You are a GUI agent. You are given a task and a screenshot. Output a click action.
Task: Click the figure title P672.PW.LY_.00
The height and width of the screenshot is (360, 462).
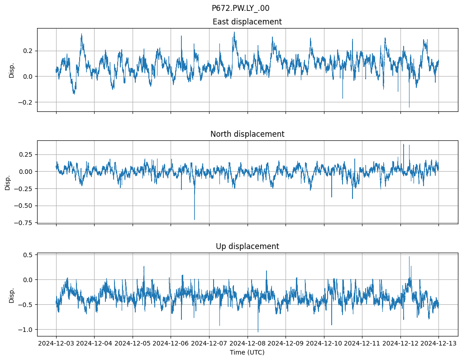pos(240,8)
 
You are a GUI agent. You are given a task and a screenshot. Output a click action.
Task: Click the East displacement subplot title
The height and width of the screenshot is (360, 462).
pos(247,22)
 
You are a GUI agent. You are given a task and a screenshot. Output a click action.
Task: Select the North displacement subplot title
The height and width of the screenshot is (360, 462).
pos(247,134)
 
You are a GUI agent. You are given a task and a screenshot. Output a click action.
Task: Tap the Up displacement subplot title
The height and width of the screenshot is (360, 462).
pos(247,246)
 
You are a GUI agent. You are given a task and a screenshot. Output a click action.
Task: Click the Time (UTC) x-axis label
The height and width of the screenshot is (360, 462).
pos(247,352)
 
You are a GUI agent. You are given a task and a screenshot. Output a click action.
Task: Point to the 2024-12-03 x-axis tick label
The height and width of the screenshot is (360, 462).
pos(56,344)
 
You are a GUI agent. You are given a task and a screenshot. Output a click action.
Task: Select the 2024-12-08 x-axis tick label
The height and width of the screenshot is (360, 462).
pos(247,344)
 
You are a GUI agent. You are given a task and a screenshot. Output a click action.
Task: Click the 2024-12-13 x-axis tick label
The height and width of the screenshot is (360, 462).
pos(438,344)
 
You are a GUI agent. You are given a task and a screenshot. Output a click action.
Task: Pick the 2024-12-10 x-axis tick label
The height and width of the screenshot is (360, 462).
pos(324,344)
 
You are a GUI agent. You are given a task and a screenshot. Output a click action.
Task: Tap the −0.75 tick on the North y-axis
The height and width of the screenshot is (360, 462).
pos(24,223)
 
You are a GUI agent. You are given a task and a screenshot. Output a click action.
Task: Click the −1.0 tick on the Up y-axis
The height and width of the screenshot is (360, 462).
pos(26,329)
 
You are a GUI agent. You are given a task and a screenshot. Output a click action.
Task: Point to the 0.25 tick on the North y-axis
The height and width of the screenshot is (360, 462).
pos(25,154)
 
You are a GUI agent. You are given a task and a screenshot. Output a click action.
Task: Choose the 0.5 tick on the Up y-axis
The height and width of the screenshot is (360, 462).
pos(28,255)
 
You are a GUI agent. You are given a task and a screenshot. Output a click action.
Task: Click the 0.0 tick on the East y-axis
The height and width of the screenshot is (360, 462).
pos(28,76)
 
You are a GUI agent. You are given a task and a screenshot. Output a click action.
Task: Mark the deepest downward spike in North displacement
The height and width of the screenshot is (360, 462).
pos(195,220)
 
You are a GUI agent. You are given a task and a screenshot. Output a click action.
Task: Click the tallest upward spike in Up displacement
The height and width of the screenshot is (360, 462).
pos(409,257)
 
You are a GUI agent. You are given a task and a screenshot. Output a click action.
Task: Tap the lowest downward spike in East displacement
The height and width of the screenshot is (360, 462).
pos(409,107)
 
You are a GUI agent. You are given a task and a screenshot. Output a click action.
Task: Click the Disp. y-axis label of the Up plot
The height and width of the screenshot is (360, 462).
pos(12,295)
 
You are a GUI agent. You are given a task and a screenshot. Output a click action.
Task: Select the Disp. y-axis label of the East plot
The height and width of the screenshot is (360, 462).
pos(12,70)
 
